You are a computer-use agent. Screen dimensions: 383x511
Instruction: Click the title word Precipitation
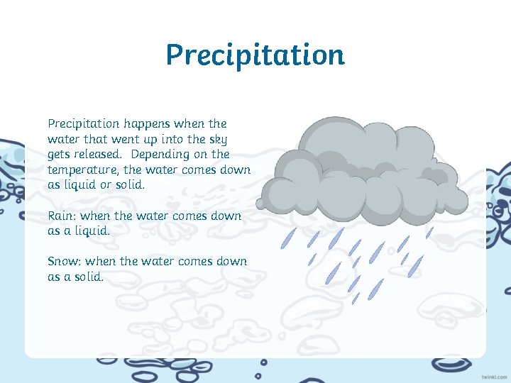pos(255,55)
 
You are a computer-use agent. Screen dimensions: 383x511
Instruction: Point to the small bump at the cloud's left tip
pos(260,204)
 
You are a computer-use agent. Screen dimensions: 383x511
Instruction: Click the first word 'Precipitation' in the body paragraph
pos(82,124)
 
